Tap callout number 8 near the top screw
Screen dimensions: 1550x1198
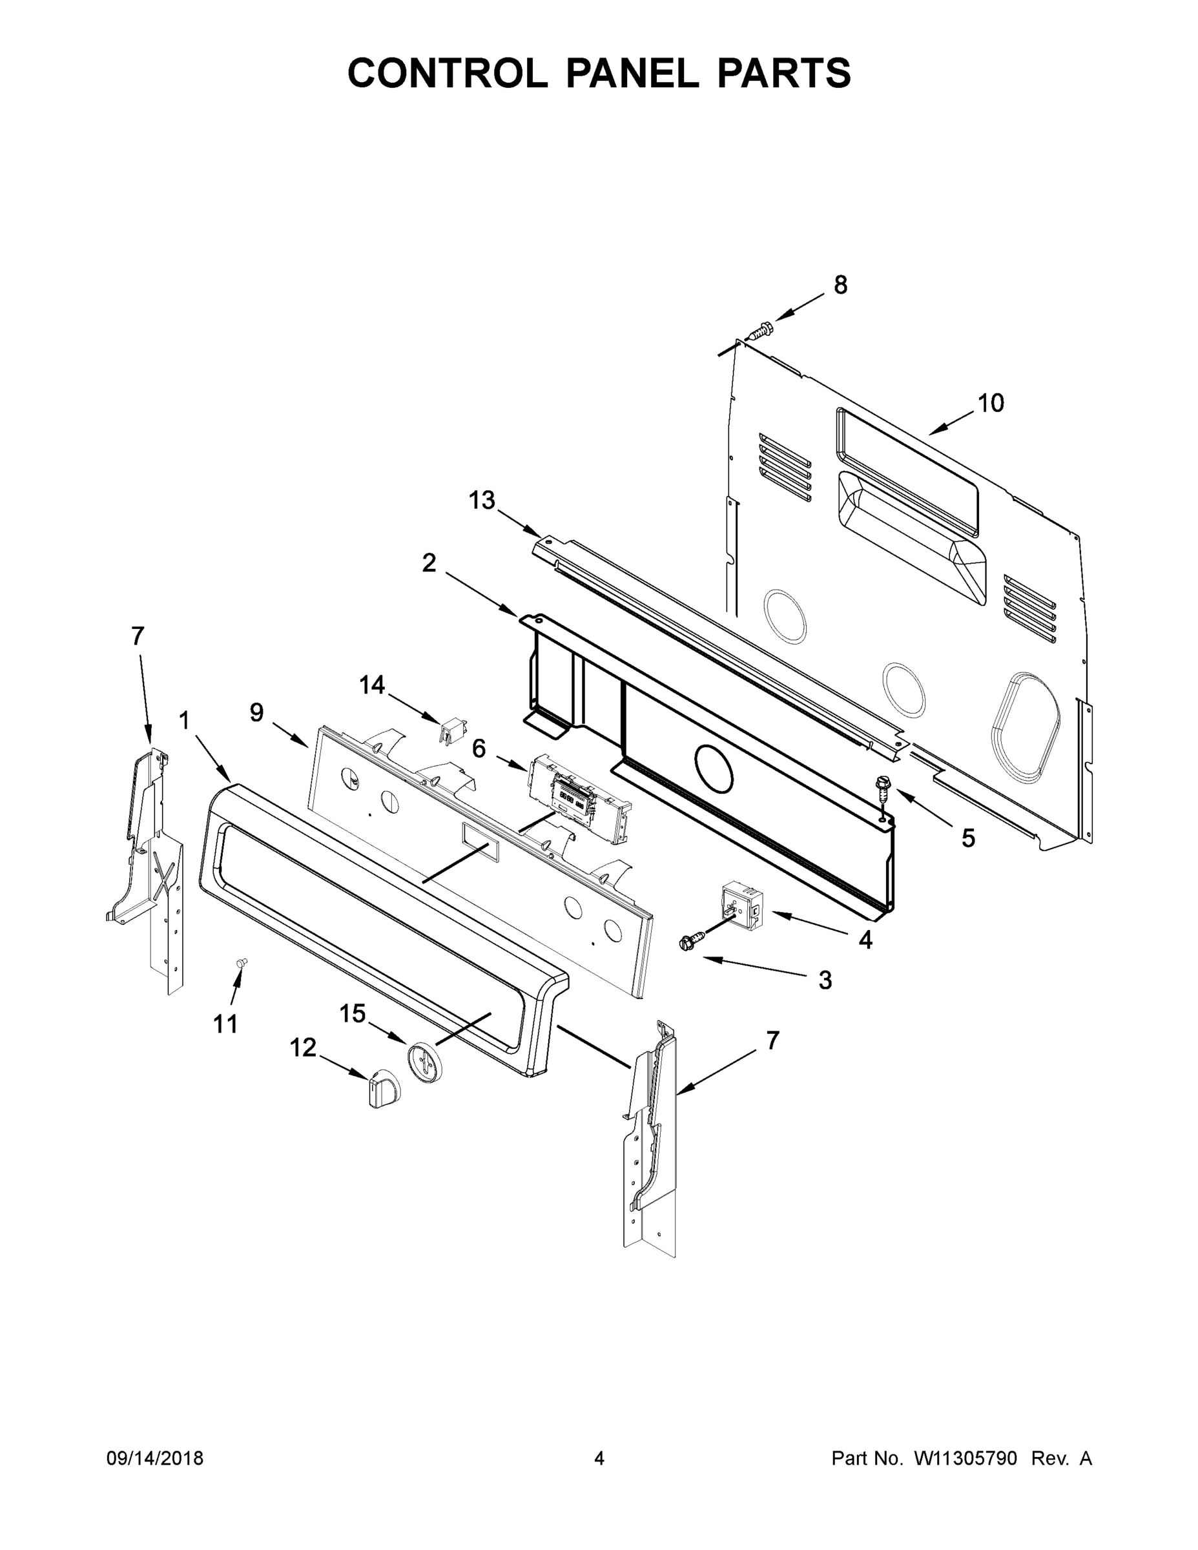tap(840, 285)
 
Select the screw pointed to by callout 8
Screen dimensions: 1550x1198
tap(761, 331)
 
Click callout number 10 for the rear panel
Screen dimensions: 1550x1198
tap(991, 403)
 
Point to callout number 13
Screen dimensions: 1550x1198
tap(481, 501)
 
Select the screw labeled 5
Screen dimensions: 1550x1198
tap(883, 788)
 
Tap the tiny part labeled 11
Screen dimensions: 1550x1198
tap(243, 962)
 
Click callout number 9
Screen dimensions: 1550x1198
tap(256, 712)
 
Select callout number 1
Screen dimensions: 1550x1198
tap(184, 721)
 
